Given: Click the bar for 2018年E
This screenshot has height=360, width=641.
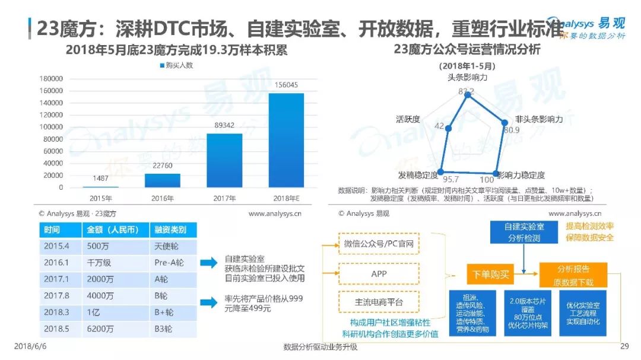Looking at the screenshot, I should [x=286, y=140].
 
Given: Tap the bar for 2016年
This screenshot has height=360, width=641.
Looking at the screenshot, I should [x=162, y=180].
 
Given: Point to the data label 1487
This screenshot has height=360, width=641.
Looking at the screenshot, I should [x=100, y=179].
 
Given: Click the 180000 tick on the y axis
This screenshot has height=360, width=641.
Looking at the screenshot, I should [x=51, y=79].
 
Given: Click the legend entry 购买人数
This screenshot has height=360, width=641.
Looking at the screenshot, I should [x=177, y=65].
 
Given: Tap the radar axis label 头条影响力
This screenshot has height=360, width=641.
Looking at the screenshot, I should [x=467, y=77].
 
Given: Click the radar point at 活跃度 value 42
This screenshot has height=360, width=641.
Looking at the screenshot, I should [x=449, y=128].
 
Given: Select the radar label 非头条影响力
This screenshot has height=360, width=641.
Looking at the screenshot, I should [x=538, y=119].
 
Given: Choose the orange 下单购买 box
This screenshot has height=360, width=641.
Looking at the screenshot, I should [x=490, y=276].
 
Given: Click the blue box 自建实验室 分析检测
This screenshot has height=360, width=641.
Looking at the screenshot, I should [x=523, y=232].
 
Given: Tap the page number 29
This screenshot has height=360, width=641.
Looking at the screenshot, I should [x=624, y=347].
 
